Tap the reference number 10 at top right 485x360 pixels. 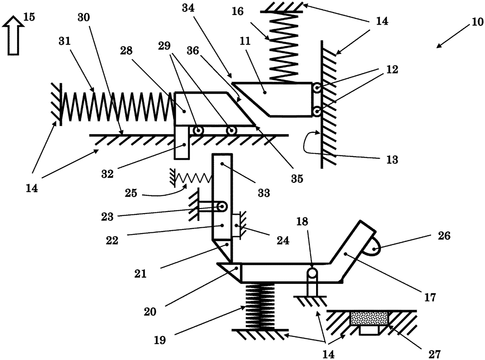(x=477, y=21)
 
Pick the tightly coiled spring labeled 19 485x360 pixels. (x=259, y=305)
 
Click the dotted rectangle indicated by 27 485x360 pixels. (x=369, y=318)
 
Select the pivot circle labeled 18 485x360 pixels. (x=312, y=273)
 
